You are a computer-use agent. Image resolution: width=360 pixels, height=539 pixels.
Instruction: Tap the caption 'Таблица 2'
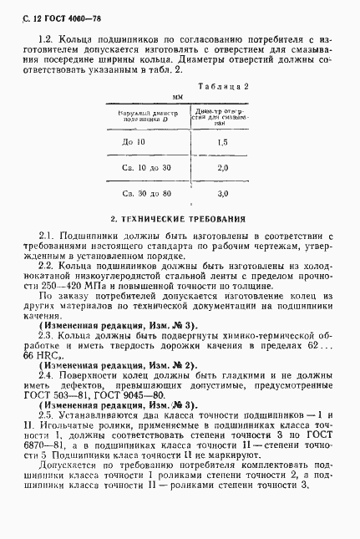tap(223, 86)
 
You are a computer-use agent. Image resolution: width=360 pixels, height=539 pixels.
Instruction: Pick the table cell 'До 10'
tap(134, 143)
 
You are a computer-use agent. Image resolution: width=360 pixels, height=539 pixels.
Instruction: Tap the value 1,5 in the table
tap(222, 143)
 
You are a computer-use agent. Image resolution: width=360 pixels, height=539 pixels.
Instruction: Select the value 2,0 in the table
tap(222, 168)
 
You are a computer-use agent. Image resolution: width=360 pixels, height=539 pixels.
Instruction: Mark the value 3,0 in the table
tap(222, 194)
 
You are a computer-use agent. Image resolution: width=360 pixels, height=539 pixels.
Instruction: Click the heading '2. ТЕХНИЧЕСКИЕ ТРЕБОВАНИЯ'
tap(179, 219)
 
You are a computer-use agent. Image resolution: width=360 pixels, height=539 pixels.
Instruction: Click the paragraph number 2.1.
tap(47, 236)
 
